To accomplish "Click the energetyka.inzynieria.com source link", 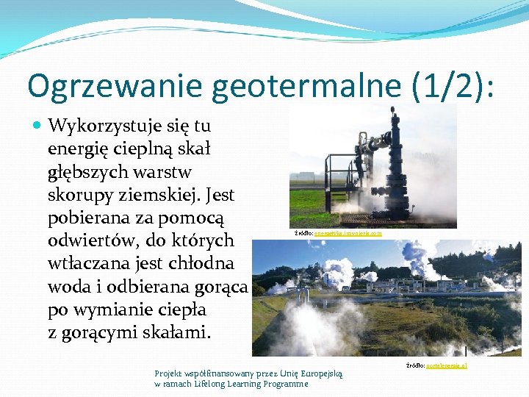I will (348, 233).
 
